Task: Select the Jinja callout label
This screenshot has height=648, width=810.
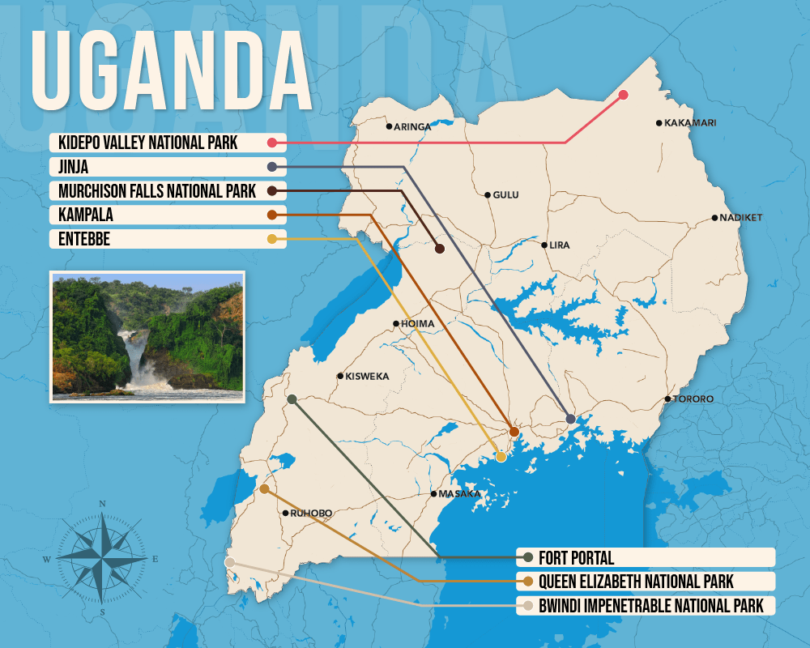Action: pyautogui.click(x=74, y=167)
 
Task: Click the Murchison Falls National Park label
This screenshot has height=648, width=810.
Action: pyautogui.click(x=157, y=191)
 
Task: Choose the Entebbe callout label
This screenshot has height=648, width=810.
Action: pyautogui.click(x=84, y=239)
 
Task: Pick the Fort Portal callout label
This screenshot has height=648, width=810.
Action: pyautogui.click(x=576, y=557)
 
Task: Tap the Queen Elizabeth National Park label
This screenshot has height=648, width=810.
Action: pyautogui.click(x=636, y=581)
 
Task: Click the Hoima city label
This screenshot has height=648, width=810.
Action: pyautogui.click(x=418, y=324)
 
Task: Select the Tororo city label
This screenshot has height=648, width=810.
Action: pyautogui.click(x=693, y=399)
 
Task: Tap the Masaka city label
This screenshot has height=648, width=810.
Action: pyautogui.click(x=459, y=493)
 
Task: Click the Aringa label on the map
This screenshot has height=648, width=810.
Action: pyautogui.click(x=412, y=126)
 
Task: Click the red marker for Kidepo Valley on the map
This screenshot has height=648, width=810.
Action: pyautogui.click(x=623, y=95)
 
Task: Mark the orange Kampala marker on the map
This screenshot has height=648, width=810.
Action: pyautogui.click(x=514, y=432)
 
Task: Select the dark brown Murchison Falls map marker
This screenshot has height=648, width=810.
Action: pyautogui.click(x=440, y=249)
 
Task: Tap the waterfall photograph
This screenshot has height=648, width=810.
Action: pyautogui.click(x=147, y=336)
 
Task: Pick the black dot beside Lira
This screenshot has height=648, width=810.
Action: pyautogui.click(x=544, y=245)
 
